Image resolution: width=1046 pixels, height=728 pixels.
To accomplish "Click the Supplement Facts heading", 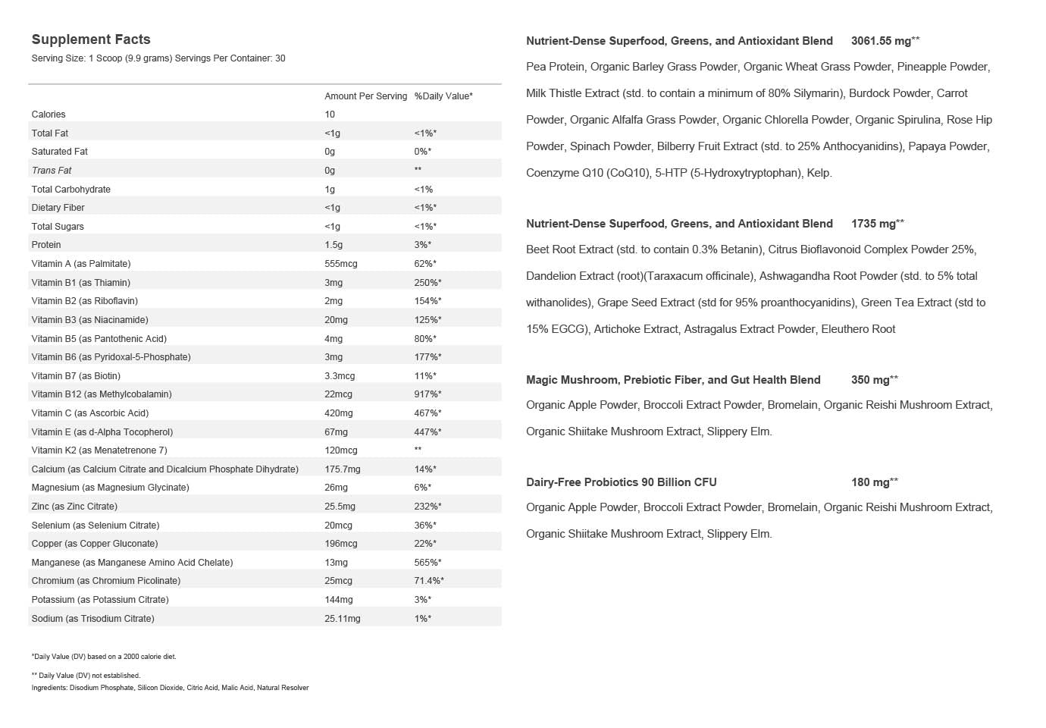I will coord(91,39).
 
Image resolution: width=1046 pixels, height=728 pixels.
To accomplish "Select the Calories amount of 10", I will coord(330,115).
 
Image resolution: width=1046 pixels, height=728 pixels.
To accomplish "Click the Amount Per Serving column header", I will coord(365,96).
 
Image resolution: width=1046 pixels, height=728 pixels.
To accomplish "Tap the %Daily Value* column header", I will coord(443,96).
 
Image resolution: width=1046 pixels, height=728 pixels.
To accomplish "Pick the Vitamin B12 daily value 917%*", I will coord(427,394).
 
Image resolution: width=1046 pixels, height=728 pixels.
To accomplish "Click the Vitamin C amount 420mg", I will coord(339,413).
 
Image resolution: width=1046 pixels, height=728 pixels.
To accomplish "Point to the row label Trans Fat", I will coord(52,171).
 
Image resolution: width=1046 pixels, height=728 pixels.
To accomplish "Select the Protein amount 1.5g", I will coord(334,245).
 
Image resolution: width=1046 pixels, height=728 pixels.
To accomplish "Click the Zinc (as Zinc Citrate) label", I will coord(74,507).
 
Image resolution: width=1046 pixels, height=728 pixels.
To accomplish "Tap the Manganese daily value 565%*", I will coord(427,563).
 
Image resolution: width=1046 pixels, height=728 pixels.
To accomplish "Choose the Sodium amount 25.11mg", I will coord(343,619).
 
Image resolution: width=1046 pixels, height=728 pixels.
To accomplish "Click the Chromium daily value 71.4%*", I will coord(429,581).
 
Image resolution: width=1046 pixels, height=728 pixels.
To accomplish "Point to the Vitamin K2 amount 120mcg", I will coord(341,450).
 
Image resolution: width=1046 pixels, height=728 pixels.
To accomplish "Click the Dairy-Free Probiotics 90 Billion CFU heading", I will coord(621,482).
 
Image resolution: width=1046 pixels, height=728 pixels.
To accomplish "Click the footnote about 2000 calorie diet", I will coord(104,657).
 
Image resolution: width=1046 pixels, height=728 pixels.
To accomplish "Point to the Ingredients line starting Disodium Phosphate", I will coord(170,688).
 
